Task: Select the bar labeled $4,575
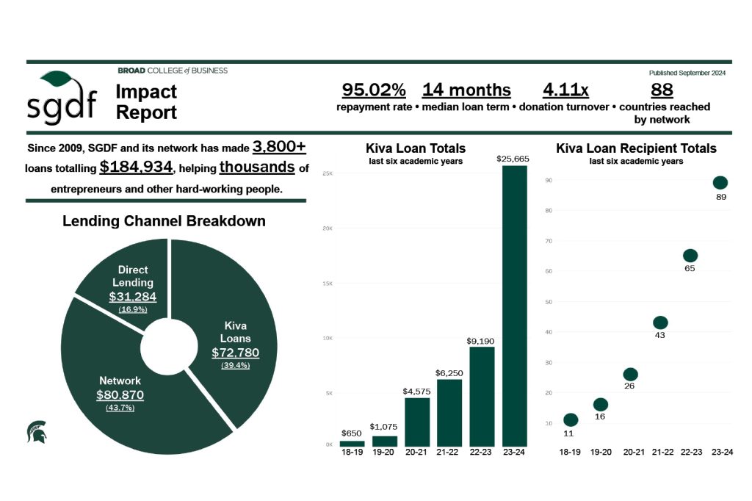pos(416,422)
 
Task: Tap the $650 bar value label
pos(351,433)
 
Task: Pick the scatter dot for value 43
pos(660,322)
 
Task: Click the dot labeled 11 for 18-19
pos(571,419)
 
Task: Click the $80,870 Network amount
pos(120,395)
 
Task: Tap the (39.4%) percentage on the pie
pos(235,365)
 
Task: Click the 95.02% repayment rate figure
pos(374,90)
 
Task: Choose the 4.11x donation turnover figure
pos(565,90)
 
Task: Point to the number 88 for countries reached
pos(662,90)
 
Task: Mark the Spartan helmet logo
pos(36,431)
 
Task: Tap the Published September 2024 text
pos(687,73)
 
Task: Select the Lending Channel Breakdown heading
pos(164,220)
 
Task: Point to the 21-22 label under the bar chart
pos(449,453)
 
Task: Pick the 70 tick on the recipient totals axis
pos(549,241)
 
